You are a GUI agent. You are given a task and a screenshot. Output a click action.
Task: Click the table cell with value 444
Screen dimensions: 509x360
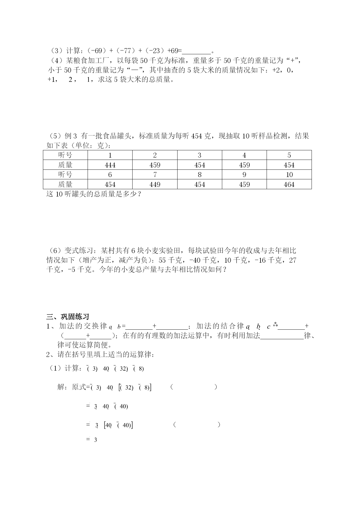(x=110, y=165)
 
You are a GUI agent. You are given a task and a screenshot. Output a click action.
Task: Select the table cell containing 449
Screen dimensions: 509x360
(x=155, y=185)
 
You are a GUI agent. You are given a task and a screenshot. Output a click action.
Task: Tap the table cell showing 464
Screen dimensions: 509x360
(x=289, y=185)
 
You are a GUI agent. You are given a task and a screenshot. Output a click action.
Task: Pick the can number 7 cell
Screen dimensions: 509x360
(x=155, y=175)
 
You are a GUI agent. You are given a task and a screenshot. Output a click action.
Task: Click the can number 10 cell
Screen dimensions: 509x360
(x=289, y=175)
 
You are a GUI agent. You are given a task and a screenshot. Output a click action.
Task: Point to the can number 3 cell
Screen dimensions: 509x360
(x=200, y=155)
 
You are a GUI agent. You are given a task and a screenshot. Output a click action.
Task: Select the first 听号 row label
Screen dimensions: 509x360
(x=65, y=155)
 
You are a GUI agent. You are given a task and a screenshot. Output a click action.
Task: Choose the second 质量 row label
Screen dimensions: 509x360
(x=65, y=185)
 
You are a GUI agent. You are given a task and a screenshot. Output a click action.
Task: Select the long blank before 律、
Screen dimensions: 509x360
(x=282, y=336)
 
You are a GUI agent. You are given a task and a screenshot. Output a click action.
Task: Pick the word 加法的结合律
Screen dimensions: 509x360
(x=220, y=326)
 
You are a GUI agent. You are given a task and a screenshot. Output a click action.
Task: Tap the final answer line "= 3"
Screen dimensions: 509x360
(x=92, y=440)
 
